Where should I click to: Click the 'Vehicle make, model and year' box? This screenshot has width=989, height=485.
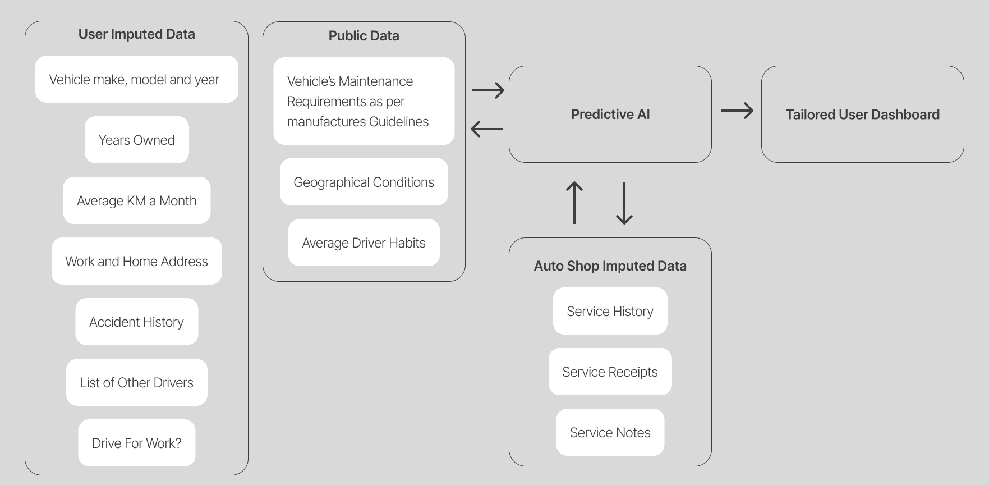pos(136,79)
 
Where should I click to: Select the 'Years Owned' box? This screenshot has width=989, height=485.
pos(136,140)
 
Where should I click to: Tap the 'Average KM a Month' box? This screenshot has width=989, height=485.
pos(136,200)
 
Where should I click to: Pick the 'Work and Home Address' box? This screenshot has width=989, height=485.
pos(136,261)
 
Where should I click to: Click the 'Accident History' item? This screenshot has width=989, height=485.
pos(136,322)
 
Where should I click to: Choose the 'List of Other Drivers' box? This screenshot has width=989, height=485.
pos(136,382)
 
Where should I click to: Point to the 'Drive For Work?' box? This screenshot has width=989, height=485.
pos(136,443)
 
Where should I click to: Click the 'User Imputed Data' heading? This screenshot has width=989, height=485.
pos(136,34)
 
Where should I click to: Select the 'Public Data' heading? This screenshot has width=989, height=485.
pos(364,36)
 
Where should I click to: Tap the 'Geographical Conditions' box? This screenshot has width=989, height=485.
pos(364,182)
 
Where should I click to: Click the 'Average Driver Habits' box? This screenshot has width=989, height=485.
pos(364,242)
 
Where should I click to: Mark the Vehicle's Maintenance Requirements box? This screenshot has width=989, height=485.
pos(364,101)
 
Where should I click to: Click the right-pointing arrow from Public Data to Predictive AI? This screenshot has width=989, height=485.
pos(487,90)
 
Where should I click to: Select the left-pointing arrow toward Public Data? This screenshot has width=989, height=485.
pos(487,129)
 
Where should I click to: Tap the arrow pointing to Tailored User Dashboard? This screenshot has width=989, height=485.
pos(737,111)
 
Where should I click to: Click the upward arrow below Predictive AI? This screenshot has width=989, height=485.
pos(574,203)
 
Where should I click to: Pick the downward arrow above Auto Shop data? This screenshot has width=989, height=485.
pos(624,203)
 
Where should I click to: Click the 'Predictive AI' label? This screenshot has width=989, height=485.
pos(610,115)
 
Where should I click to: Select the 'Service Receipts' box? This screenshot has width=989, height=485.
pos(610,372)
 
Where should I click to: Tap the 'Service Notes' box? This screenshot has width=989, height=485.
pos(610,432)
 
